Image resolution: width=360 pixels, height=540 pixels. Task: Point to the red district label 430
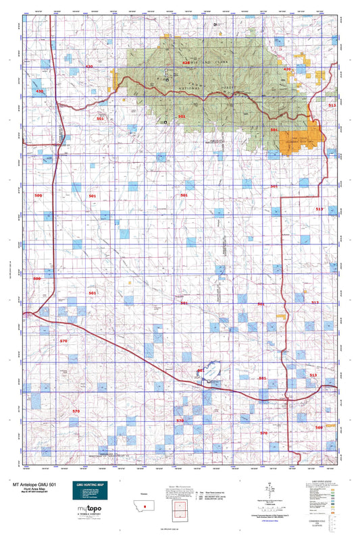(39, 90)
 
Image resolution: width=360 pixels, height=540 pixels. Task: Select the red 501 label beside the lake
(200, 371)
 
